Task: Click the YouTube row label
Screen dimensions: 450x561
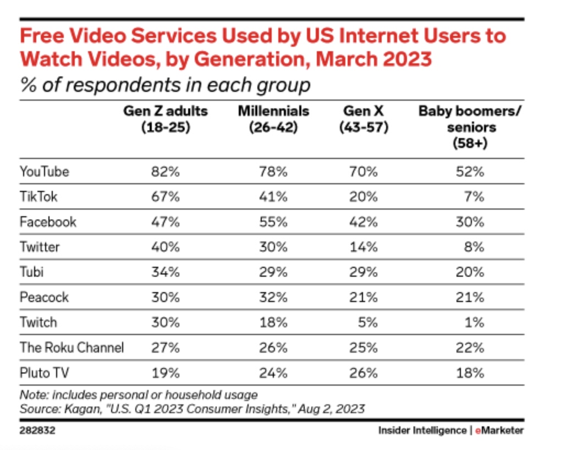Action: click(45, 172)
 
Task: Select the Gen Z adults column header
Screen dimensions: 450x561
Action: click(166, 119)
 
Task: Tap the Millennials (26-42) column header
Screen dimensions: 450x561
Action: click(273, 119)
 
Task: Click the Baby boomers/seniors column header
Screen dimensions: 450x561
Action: click(470, 127)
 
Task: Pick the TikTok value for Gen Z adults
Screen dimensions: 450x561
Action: click(166, 197)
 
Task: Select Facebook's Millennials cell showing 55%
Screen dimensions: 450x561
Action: click(273, 222)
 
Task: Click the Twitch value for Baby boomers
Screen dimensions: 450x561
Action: click(474, 322)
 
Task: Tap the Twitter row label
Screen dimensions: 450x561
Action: click(40, 247)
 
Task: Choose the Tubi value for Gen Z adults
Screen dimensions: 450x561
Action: click(166, 272)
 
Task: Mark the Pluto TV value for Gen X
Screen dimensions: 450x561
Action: click(365, 373)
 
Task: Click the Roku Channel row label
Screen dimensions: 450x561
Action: click(71, 348)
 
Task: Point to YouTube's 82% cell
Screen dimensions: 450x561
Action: click(166, 172)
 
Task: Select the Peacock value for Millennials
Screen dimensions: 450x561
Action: click(273, 298)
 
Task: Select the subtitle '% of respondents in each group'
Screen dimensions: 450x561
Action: click(165, 86)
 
